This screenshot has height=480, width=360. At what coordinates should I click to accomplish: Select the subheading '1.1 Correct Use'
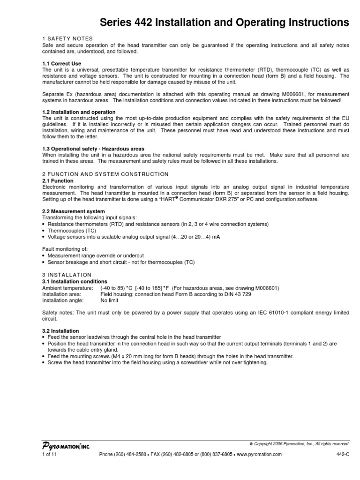pos(61,63)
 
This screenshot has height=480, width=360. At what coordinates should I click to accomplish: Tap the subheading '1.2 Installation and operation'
pos(79,112)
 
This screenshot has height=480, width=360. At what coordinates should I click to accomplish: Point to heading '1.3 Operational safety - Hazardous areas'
pos(93,149)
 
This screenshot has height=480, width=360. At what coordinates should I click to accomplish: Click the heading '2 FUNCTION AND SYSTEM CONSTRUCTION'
pos(105,174)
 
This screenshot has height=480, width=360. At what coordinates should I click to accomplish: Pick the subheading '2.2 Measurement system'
pos(74,211)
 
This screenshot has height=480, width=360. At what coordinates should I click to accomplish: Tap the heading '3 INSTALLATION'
pos(67,275)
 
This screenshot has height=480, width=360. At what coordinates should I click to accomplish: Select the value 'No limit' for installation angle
pos(110,300)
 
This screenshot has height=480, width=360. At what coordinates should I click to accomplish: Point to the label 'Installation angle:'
pos(63,300)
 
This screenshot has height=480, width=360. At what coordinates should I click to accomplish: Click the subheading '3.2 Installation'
pos(60,331)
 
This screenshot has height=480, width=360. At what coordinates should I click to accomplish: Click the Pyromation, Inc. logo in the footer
pos(66,447)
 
